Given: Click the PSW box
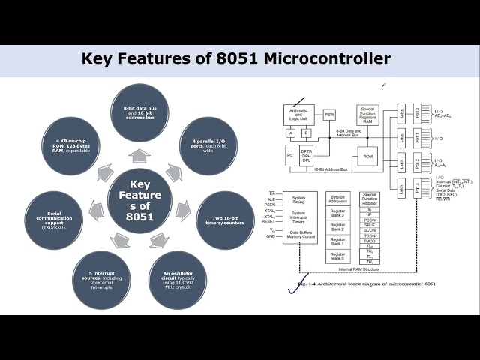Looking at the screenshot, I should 329,115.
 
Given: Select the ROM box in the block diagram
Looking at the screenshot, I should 367,157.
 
